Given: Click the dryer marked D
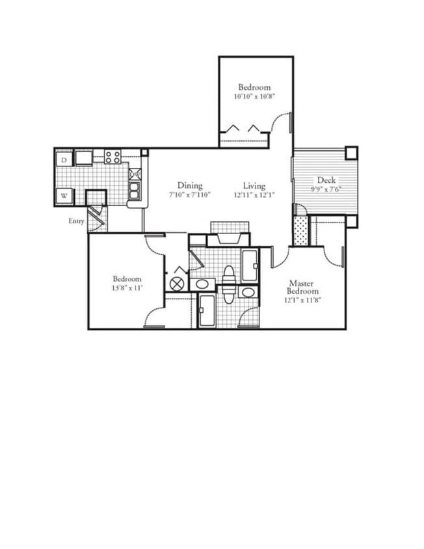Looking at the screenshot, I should click(64, 159).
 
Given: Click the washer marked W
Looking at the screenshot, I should click(64, 196).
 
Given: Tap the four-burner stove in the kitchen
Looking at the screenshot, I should click(113, 157).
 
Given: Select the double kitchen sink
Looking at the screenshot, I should click(135, 183).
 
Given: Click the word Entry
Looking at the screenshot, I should click(76, 221).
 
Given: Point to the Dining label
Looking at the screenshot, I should click(189, 185).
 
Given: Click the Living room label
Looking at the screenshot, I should click(254, 185).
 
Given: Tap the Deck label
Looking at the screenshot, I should click(326, 180).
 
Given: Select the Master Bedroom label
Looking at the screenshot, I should click(302, 288).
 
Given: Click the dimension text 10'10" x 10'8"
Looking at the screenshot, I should click(254, 97).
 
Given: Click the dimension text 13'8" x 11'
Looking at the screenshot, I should click(126, 288).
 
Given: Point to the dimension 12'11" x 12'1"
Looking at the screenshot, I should click(254, 195).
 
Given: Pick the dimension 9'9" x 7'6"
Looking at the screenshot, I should click(326, 191).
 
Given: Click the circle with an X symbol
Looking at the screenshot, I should click(176, 284).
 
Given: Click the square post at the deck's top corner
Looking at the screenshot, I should click(351, 153).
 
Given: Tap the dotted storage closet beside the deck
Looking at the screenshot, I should click(300, 231).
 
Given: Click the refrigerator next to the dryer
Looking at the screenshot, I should click(84, 157).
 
